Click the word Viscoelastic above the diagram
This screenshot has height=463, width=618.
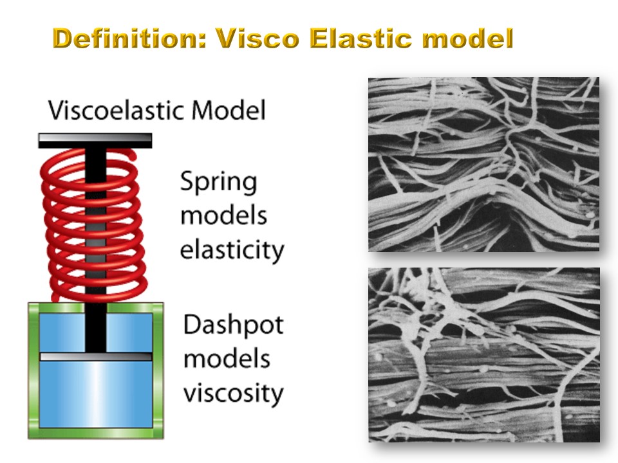(x=117, y=110)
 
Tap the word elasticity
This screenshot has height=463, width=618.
(x=232, y=250)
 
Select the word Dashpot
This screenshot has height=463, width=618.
(x=233, y=325)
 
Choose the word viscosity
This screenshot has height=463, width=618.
(x=233, y=392)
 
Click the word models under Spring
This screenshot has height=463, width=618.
(x=223, y=215)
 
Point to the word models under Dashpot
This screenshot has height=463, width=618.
(x=227, y=358)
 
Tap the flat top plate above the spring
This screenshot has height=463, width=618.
(x=95, y=141)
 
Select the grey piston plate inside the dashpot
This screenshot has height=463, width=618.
(x=96, y=357)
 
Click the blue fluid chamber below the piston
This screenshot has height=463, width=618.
(x=96, y=394)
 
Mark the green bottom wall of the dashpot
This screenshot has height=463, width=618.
(x=96, y=433)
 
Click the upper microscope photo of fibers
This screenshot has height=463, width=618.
(x=483, y=165)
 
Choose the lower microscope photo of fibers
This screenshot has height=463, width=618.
(x=484, y=355)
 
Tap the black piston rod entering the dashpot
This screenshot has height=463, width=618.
(x=96, y=327)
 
